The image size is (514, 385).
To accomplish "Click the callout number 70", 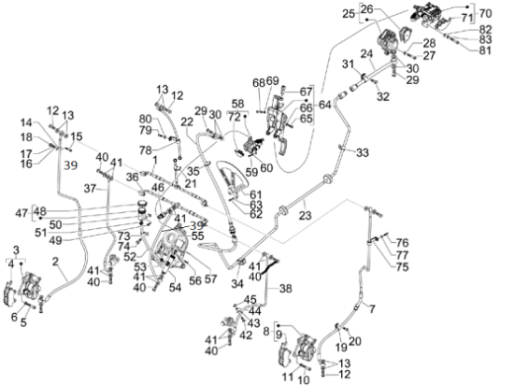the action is click(x=485, y=13).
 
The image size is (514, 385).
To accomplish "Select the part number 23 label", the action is click(x=305, y=215).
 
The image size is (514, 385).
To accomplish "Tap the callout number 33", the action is click(x=363, y=152).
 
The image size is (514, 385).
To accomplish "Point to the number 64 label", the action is click(x=324, y=106).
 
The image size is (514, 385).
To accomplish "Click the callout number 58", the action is click(x=237, y=104).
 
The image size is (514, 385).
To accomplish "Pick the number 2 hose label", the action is click(x=55, y=261).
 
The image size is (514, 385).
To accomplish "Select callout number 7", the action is click(x=372, y=308).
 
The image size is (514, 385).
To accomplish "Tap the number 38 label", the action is click(x=286, y=289).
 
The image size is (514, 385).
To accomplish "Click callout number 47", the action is click(x=21, y=214).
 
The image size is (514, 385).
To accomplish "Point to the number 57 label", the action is click(x=211, y=278).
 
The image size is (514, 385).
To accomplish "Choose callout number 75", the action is click(x=402, y=267).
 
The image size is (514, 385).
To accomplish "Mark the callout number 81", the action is click(x=485, y=50).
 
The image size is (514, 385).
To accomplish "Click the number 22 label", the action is click(x=187, y=122).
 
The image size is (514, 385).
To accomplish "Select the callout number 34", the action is click(x=237, y=284).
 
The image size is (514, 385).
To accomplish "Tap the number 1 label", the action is click(x=155, y=160).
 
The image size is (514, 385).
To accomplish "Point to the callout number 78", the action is click(x=146, y=150).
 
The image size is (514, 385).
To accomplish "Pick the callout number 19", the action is click(x=341, y=347).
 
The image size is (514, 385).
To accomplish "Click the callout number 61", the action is click(x=256, y=194).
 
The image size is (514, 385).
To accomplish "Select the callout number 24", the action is click(x=367, y=53).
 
